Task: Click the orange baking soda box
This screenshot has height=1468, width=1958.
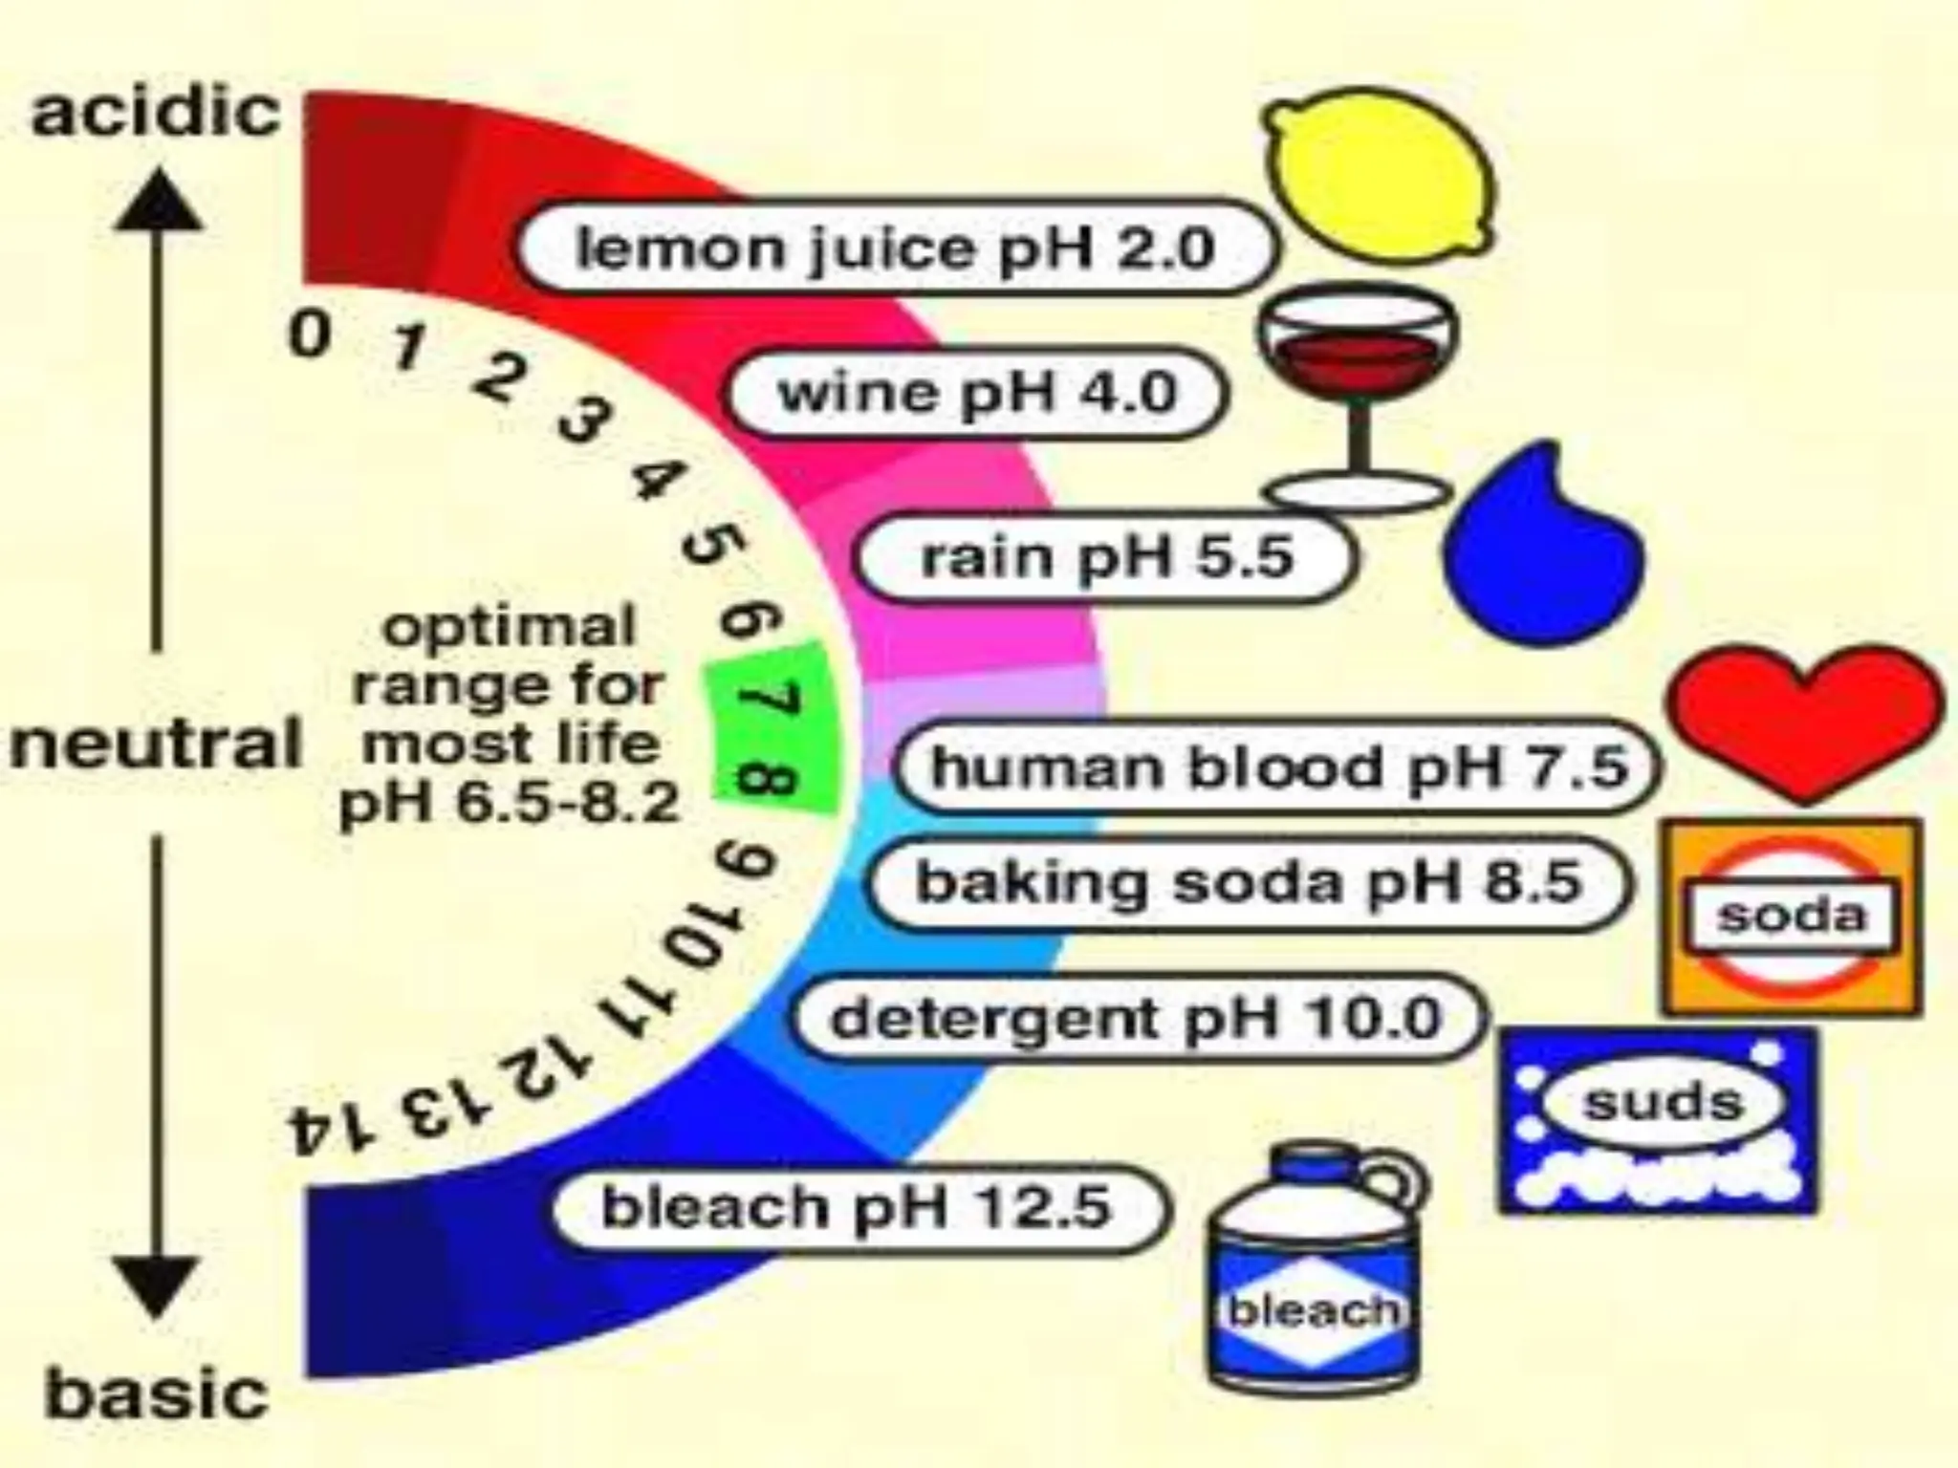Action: click(1792, 916)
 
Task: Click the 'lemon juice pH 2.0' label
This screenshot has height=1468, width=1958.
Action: click(895, 248)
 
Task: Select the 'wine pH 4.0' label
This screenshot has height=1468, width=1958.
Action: click(976, 393)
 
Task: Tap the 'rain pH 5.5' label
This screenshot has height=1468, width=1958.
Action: click(1105, 557)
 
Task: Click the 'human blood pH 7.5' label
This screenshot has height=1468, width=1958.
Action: click(1277, 766)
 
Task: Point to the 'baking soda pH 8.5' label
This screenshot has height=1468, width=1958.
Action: click(1248, 882)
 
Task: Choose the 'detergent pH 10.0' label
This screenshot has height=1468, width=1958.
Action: click(1136, 1017)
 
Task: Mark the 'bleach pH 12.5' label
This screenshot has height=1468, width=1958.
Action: click(858, 1207)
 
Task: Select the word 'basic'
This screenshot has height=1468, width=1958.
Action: click(157, 1394)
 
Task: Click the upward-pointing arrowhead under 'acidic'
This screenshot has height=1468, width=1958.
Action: click(158, 203)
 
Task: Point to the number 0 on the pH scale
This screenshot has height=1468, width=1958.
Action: click(311, 336)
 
